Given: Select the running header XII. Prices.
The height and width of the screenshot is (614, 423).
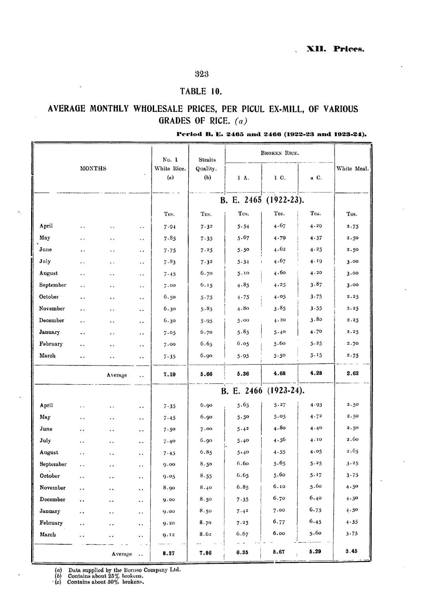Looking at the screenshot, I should (335, 49).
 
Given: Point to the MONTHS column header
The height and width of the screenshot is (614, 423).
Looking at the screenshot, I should (93, 169).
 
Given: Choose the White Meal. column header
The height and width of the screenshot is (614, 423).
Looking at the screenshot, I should (352, 169).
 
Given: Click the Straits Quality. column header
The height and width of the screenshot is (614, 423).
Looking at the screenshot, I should (207, 164).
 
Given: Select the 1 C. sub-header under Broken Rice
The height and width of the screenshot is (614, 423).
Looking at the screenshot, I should (280, 178).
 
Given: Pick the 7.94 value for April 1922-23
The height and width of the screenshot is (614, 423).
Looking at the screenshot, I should (170, 226).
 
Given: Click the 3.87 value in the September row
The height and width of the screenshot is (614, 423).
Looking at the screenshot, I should (316, 285).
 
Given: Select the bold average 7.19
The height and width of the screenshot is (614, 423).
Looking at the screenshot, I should (170, 374).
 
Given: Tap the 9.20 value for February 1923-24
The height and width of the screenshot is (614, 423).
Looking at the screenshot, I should (170, 523).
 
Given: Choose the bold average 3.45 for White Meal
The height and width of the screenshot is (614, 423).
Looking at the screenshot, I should (352, 551).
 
